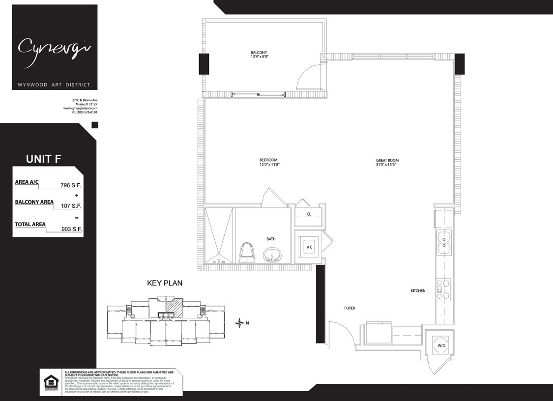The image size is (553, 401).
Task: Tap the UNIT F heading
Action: pyautogui.click(x=43, y=159)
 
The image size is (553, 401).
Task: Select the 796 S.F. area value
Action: pyautogui.click(x=71, y=185)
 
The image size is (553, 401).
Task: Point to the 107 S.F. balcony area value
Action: pyautogui.click(x=71, y=206)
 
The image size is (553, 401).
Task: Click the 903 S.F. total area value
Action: pyautogui.click(x=71, y=229)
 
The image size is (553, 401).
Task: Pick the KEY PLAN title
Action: pyautogui.click(x=165, y=283)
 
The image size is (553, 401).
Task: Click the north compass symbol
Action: pyautogui.click(x=239, y=323)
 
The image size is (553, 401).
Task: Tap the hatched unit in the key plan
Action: pyautogui.click(x=174, y=308)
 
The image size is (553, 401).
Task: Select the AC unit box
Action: pyautogui.click(x=309, y=247)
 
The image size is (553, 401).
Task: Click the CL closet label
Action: pyautogui.click(x=308, y=214)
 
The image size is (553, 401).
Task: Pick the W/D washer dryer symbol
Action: pyautogui.click(x=441, y=345)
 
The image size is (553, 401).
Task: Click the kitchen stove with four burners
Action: pyautogui.click(x=443, y=289)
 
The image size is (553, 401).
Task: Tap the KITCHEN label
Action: pyautogui.click(x=418, y=291)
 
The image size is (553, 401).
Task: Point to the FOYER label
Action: pyautogui.click(x=349, y=308)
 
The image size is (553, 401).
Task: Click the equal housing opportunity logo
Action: pyautogui.click(x=51, y=382)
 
